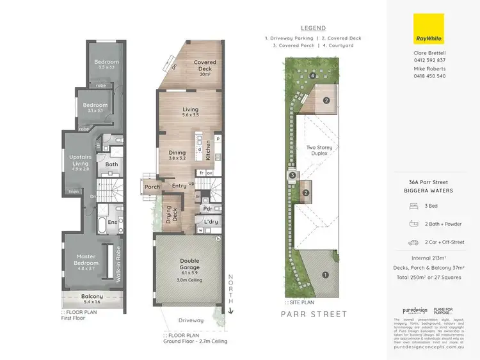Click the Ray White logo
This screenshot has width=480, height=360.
point(429,29)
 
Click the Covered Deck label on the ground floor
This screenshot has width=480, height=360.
point(205,66)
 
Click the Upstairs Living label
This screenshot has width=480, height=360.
point(80,164)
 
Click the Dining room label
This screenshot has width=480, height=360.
point(177,155)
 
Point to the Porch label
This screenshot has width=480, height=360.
point(152,187)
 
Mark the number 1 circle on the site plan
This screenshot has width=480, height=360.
point(326,276)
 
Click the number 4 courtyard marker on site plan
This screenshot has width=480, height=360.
point(312,76)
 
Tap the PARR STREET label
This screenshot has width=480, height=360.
point(314,314)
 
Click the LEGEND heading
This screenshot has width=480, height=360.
point(314,28)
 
